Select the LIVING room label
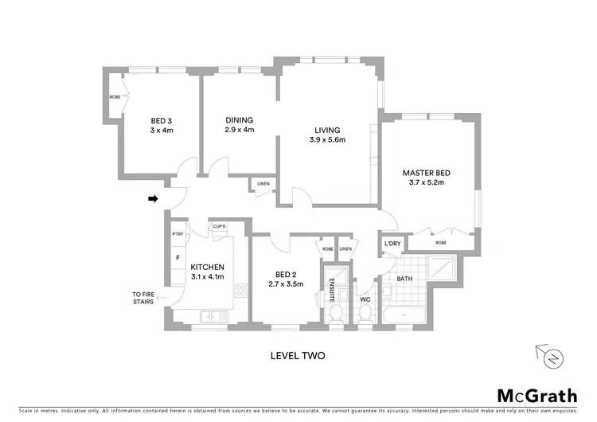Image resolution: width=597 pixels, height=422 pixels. click(x=326, y=135)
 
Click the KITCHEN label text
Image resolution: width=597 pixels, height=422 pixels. click(x=208, y=272)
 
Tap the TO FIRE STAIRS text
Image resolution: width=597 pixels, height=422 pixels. click(x=143, y=299)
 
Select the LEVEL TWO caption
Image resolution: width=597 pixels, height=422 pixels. click(x=298, y=356)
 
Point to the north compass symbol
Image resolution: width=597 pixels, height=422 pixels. click(x=551, y=356)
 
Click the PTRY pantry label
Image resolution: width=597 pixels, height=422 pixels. click(x=178, y=234)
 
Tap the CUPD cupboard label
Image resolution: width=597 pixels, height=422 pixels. click(x=219, y=227)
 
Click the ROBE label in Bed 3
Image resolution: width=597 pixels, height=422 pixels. click(x=115, y=99)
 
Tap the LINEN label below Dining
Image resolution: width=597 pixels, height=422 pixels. click(x=263, y=186)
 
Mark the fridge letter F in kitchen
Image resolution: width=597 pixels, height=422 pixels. click(x=178, y=259)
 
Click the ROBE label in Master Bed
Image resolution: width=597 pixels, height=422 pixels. click(x=440, y=242)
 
